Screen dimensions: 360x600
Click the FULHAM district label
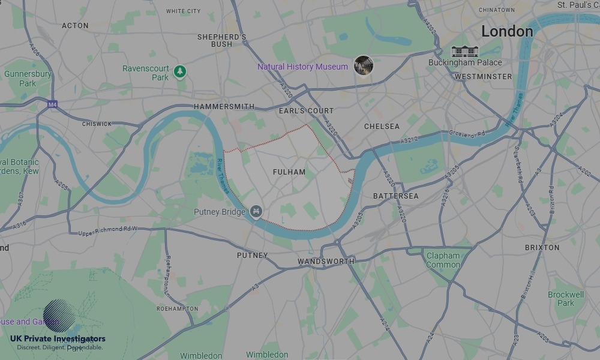click(289, 172)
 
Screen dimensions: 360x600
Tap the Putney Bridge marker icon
click(256, 212)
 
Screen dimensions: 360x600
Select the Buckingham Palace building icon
click(464, 52)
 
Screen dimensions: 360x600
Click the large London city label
click(507, 31)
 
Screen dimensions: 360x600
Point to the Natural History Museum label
click(302, 67)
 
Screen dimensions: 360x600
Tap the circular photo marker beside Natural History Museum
click(363, 65)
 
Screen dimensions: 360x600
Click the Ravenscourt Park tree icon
click(179, 72)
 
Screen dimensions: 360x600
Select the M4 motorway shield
click(53, 104)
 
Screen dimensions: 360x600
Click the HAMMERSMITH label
click(224, 107)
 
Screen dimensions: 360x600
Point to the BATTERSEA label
click(395, 196)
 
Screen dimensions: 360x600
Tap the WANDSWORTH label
click(326, 262)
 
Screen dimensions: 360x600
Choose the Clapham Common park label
click(443, 260)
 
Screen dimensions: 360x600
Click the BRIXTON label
click(542, 247)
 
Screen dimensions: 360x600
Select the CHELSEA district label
click(382, 127)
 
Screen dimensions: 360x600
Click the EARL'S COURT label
click(306, 111)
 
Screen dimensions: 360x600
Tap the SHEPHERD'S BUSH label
click(222, 40)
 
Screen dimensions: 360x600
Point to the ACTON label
click(75, 26)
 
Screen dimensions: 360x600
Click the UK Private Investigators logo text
click(58, 339)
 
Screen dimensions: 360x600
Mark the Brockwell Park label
click(566, 299)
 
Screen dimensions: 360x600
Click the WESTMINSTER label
click(483, 77)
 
